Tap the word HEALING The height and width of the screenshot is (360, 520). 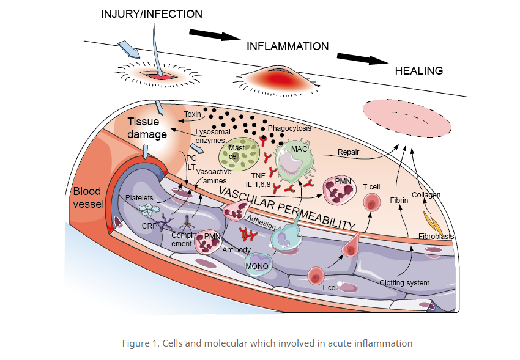418,71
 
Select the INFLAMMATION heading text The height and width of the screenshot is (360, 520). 288,46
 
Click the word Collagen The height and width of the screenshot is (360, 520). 426,195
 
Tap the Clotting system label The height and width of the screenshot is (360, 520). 404,283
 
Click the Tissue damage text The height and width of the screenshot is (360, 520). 147,128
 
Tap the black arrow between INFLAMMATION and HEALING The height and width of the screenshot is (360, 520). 362,59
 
